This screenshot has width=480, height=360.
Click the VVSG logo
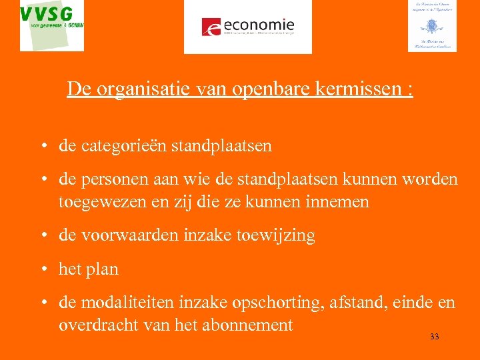coord(52,25)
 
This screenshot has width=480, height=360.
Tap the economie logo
coord(248,27)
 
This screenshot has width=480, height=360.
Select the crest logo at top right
coord(432,25)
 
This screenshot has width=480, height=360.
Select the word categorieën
coord(125,145)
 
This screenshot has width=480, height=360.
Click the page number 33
coord(435,337)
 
